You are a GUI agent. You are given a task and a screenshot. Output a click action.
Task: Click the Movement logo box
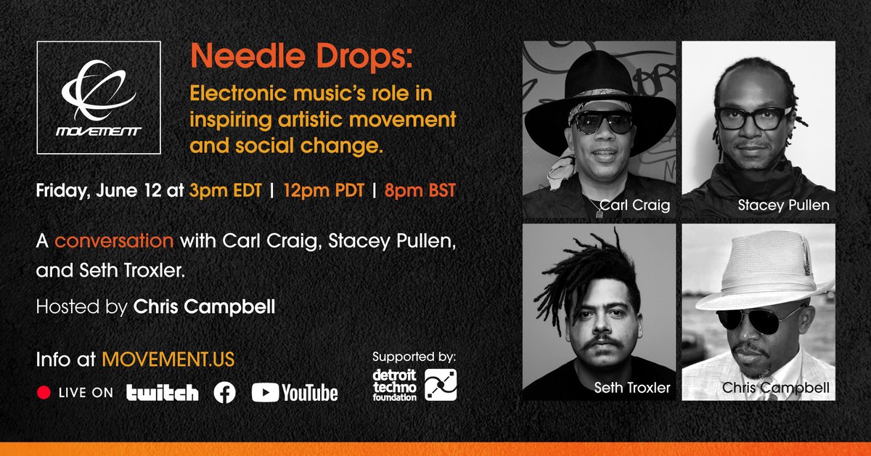pos(99,98)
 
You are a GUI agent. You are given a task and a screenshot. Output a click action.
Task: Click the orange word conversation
pos(115,240)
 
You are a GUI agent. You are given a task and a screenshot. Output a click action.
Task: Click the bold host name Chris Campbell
pos(205,306)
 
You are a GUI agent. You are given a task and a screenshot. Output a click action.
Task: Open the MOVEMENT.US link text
pos(168,359)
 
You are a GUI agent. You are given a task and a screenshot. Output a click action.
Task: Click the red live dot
pos(44,393)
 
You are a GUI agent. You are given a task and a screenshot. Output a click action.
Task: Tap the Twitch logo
pos(162,393)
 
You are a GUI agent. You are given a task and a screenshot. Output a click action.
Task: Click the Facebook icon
pos(225,393)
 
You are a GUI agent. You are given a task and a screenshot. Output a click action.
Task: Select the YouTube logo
pos(295,393)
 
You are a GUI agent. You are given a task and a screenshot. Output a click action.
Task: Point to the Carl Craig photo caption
pos(630,205)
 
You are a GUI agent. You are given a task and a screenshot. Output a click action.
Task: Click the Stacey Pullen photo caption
pos(783,205)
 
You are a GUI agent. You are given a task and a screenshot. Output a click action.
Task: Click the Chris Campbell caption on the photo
pos(775,388)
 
